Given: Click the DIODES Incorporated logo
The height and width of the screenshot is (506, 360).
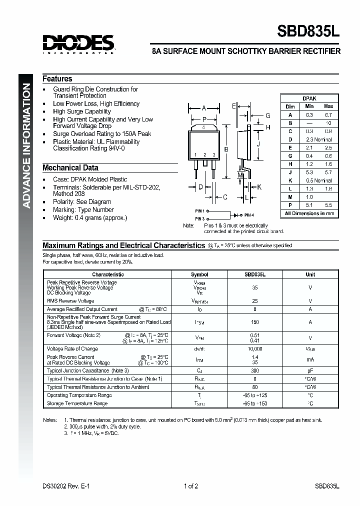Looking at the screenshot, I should pos(78,44).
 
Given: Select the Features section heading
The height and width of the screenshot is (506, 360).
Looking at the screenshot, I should pos(57,79).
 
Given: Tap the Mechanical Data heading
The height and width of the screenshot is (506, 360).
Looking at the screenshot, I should pos(70,168).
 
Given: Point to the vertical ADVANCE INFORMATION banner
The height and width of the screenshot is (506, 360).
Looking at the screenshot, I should pos(27,145).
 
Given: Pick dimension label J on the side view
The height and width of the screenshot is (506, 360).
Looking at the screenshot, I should pos(258,145).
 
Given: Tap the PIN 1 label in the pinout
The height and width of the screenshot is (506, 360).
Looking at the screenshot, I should pos(200,211).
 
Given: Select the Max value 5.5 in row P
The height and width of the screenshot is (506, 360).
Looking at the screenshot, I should pos(328,205).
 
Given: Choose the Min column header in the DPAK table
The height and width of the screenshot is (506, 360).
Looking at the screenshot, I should pos(309,106).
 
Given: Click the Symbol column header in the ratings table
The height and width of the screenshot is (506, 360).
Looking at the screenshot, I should pos(199,274).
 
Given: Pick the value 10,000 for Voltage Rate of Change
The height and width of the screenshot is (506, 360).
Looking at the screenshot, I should pos(254,348).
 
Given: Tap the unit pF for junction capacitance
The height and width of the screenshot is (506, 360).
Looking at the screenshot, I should pos(310,370).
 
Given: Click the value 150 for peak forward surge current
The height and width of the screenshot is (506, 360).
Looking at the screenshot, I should pos(254,322).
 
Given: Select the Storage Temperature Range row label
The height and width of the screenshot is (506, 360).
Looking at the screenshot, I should pos(77,403).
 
